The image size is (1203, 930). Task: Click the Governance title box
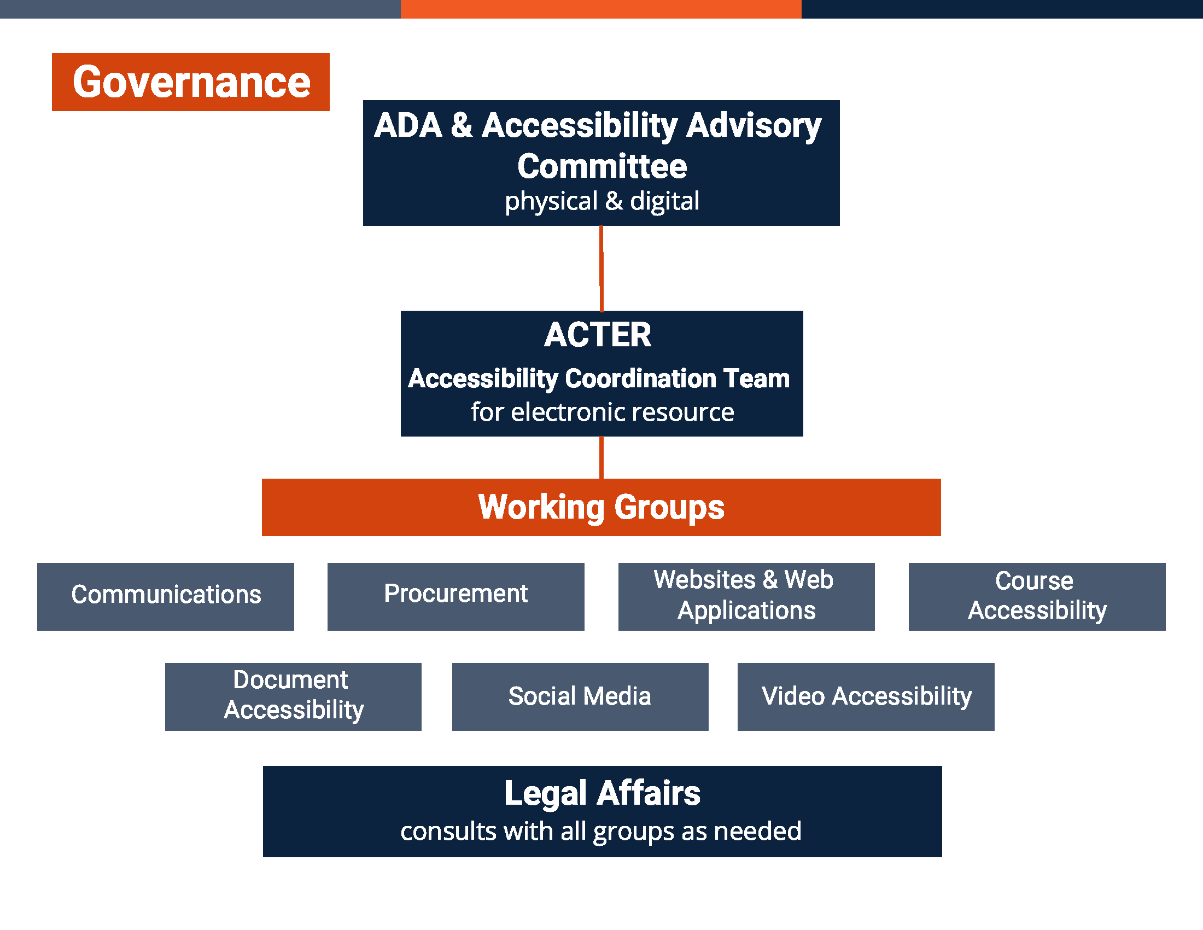tap(191, 82)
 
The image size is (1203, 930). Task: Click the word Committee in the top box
tap(601, 166)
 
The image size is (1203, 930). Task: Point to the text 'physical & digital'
tap(601, 201)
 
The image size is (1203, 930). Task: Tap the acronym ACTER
tap(598, 334)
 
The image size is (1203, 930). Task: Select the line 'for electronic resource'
tap(601, 412)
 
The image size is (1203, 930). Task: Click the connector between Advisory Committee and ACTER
tap(601, 268)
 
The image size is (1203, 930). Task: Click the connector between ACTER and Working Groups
tap(601, 457)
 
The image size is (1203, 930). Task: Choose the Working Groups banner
tap(601, 507)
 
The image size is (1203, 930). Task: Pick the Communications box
tap(165, 596)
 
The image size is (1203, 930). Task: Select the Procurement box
tap(455, 596)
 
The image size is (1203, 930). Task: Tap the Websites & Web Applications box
tap(746, 596)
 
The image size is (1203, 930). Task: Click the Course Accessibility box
tap(1037, 596)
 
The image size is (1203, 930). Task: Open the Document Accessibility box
tap(293, 696)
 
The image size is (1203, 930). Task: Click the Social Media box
tap(580, 696)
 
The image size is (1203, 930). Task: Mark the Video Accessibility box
tap(866, 696)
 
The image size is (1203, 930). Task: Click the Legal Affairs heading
tap(601, 793)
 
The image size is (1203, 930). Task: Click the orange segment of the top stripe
tap(600, 9)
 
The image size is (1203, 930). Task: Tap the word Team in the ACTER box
tap(756, 379)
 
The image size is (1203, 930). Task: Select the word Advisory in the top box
tap(754, 126)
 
